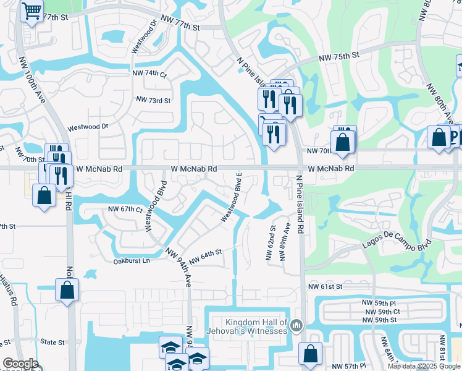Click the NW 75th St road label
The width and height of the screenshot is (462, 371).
339,56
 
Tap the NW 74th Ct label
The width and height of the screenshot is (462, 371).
149,73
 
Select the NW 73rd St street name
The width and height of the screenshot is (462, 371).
153,100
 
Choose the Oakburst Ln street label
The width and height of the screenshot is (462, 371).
132,261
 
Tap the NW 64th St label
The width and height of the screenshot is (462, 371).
205,256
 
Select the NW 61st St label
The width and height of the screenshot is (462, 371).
325,287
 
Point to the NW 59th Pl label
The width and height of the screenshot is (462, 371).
379,304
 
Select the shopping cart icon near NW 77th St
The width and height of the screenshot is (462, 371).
31,10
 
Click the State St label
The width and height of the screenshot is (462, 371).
52,342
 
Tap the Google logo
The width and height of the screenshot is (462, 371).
20,364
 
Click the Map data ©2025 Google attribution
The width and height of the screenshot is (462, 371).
423,366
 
